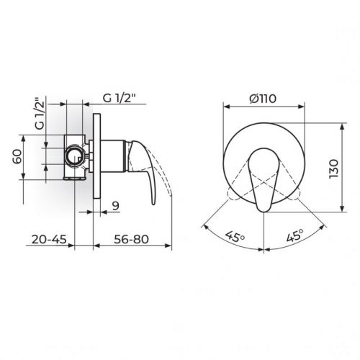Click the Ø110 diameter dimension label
pos(263,99)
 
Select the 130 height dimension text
pos(333,168)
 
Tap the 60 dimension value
pos(17,156)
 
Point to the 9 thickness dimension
pos(116,206)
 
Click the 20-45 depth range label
pos(49,239)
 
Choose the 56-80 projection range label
pos(131,239)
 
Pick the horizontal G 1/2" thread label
pos(120,98)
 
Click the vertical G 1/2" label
pos(40,114)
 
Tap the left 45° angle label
pos(235,237)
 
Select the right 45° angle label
pos(295,235)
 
